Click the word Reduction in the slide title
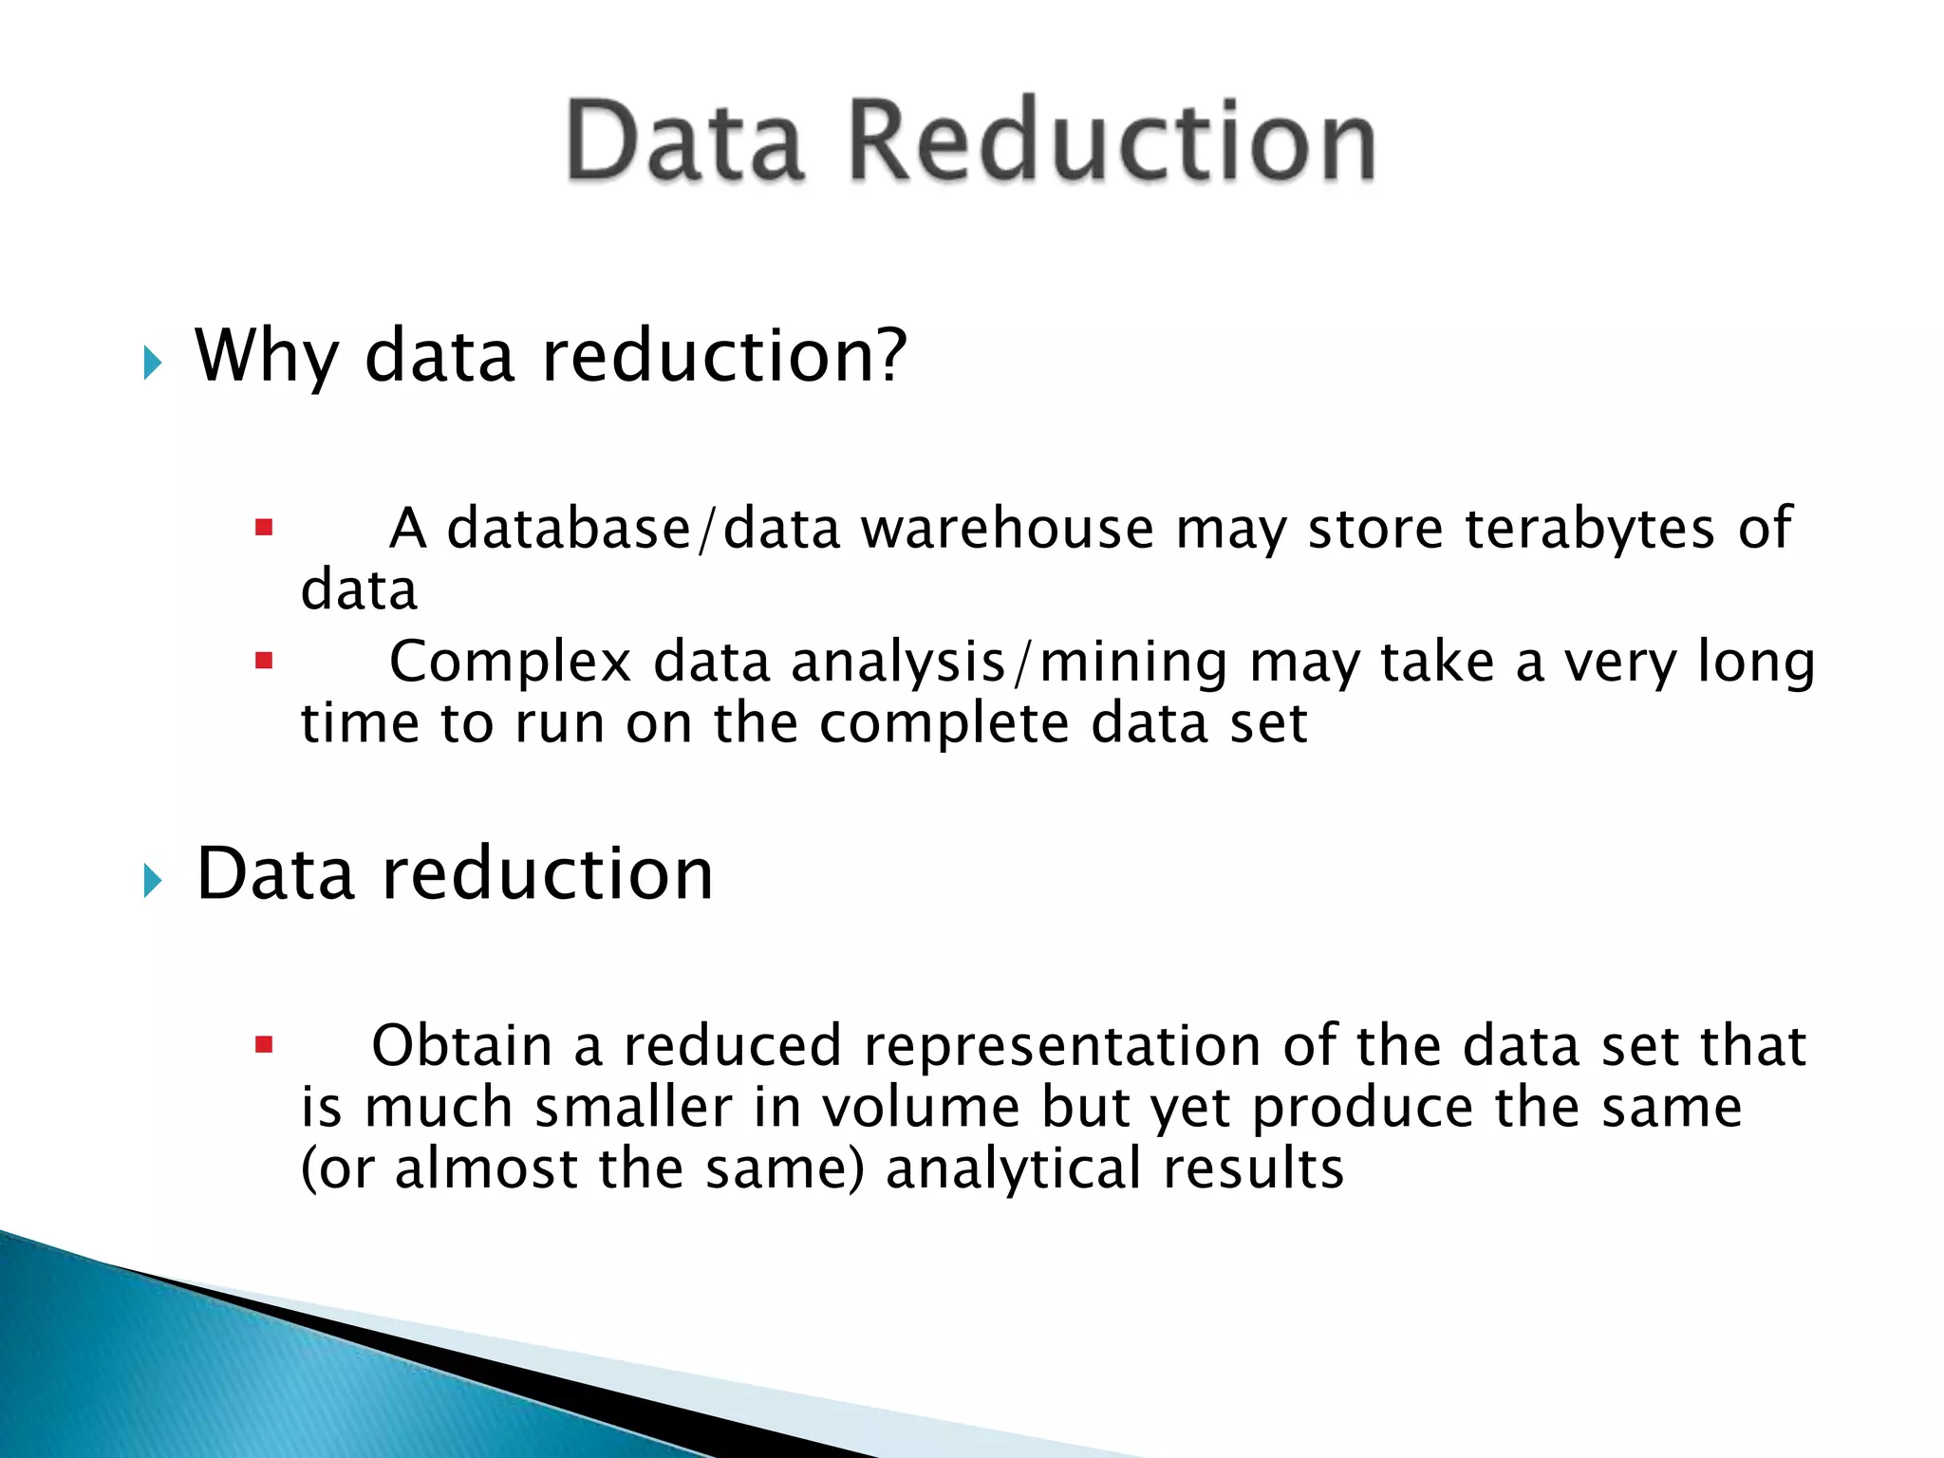1111,142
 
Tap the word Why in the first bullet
267,357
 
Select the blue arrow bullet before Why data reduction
153,362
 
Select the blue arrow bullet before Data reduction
153,880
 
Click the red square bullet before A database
264,527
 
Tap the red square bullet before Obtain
264,1046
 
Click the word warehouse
1007,528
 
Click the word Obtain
461,1046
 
